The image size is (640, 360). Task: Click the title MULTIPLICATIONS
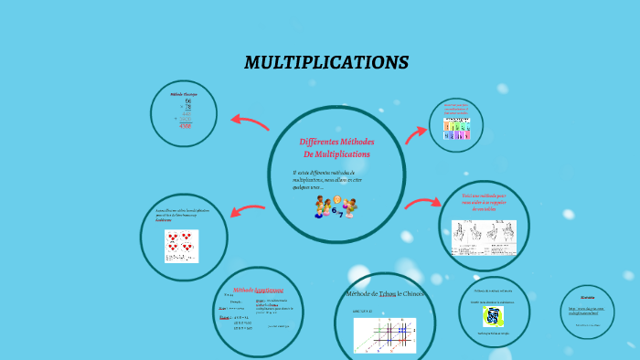pos(326,63)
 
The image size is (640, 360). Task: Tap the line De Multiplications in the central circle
pos(336,154)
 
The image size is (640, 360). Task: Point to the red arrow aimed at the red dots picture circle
pos(248,212)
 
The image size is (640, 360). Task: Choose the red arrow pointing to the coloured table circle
pos(415,134)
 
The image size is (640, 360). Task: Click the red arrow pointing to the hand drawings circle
pos(421,204)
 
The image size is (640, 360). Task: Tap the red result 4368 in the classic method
pos(185,125)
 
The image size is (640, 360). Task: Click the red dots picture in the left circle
pos(181,245)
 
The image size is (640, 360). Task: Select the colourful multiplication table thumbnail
pos(456,129)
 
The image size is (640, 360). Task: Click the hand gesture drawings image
pos(484,237)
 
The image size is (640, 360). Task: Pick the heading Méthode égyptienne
pos(258,290)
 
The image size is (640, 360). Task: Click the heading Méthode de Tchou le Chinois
pos(385,294)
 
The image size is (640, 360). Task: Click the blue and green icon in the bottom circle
pos(494,316)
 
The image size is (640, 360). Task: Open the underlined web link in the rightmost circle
pos(587,311)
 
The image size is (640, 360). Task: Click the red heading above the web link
pos(587,297)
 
